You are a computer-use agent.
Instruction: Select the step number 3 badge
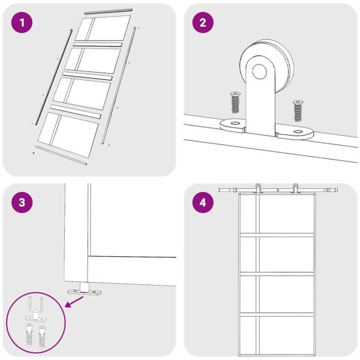pyautogui.click(x=22, y=202)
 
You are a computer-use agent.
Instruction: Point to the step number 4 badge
pyautogui.click(x=202, y=202)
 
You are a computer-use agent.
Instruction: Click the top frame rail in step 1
pyautogui.click(x=108, y=11)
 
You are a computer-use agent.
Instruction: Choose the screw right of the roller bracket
pyautogui.click(x=297, y=109)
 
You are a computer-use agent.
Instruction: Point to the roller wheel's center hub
pyautogui.click(x=260, y=71)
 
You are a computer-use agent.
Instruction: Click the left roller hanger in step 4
pyautogui.click(x=258, y=188)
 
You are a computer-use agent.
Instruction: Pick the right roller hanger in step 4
pyautogui.click(x=295, y=188)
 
